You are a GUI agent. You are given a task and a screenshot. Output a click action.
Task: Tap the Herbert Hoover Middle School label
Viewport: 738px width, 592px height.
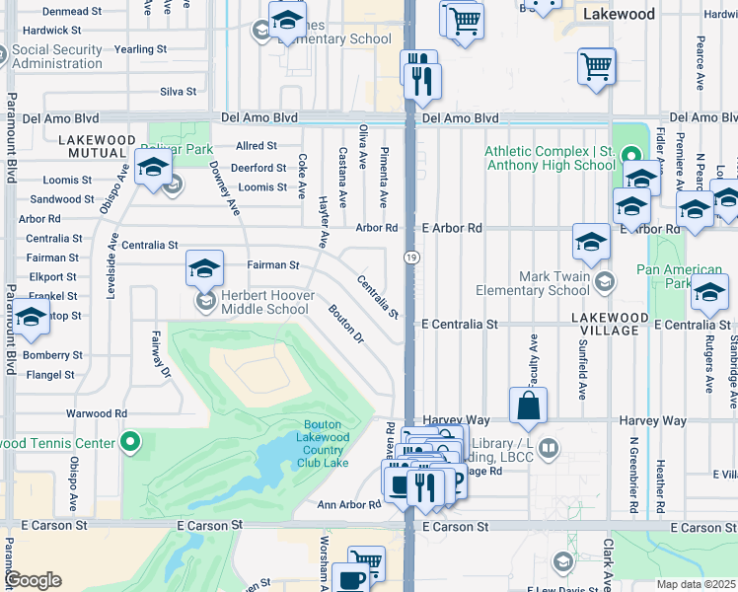point(263,302)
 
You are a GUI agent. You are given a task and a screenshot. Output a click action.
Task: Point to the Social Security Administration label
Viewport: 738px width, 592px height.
point(72,56)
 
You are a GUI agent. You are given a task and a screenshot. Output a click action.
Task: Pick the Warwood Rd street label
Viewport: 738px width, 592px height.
point(97,413)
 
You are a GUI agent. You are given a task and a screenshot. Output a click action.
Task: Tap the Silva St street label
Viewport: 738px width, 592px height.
point(178,92)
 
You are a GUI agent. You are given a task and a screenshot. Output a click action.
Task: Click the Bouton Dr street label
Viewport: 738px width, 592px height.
point(345,325)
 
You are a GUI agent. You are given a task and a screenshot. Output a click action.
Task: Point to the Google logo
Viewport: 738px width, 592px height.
point(32,580)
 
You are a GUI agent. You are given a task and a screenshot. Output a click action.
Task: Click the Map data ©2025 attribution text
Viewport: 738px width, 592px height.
point(696,584)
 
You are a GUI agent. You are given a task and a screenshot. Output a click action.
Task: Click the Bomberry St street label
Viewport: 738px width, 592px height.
point(55,354)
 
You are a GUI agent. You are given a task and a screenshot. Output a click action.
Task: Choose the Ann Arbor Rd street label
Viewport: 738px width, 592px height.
point(348,504)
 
